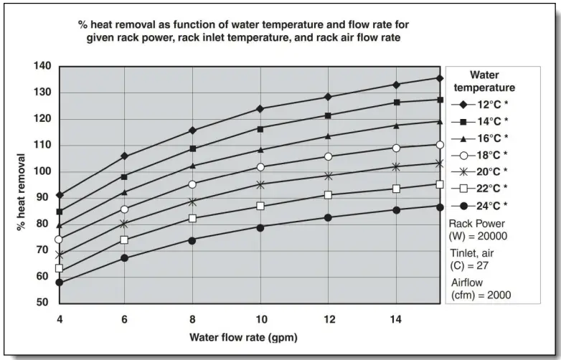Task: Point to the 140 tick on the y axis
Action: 42,66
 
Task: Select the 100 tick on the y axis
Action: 42,171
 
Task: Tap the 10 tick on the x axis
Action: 262,318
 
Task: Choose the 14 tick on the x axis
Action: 397,318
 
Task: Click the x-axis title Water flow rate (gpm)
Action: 243,336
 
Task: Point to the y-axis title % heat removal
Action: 22,191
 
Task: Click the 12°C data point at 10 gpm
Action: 260,109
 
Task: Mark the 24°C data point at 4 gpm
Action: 59,283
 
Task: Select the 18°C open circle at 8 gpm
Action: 192,184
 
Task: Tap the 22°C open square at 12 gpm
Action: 328,195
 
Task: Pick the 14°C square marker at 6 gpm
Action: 124,176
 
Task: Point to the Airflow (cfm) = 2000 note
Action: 476,289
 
